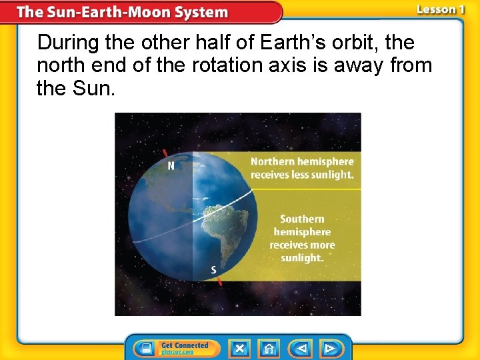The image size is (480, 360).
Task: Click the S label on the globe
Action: click(213, 270)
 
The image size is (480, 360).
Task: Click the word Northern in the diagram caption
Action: click(273, 162)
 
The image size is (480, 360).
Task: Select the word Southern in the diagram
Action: click(302, 219)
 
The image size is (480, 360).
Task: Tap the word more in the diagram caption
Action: click(321, 245)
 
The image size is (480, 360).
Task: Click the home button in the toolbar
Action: click(269, 348)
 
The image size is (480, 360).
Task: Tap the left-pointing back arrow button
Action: click(301, 348)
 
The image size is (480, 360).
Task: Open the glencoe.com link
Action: click(178, 352)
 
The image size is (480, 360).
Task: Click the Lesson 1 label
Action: click(439, 9)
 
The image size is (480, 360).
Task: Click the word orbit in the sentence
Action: click(373, 43)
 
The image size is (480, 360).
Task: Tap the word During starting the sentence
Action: click(64, 43)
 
